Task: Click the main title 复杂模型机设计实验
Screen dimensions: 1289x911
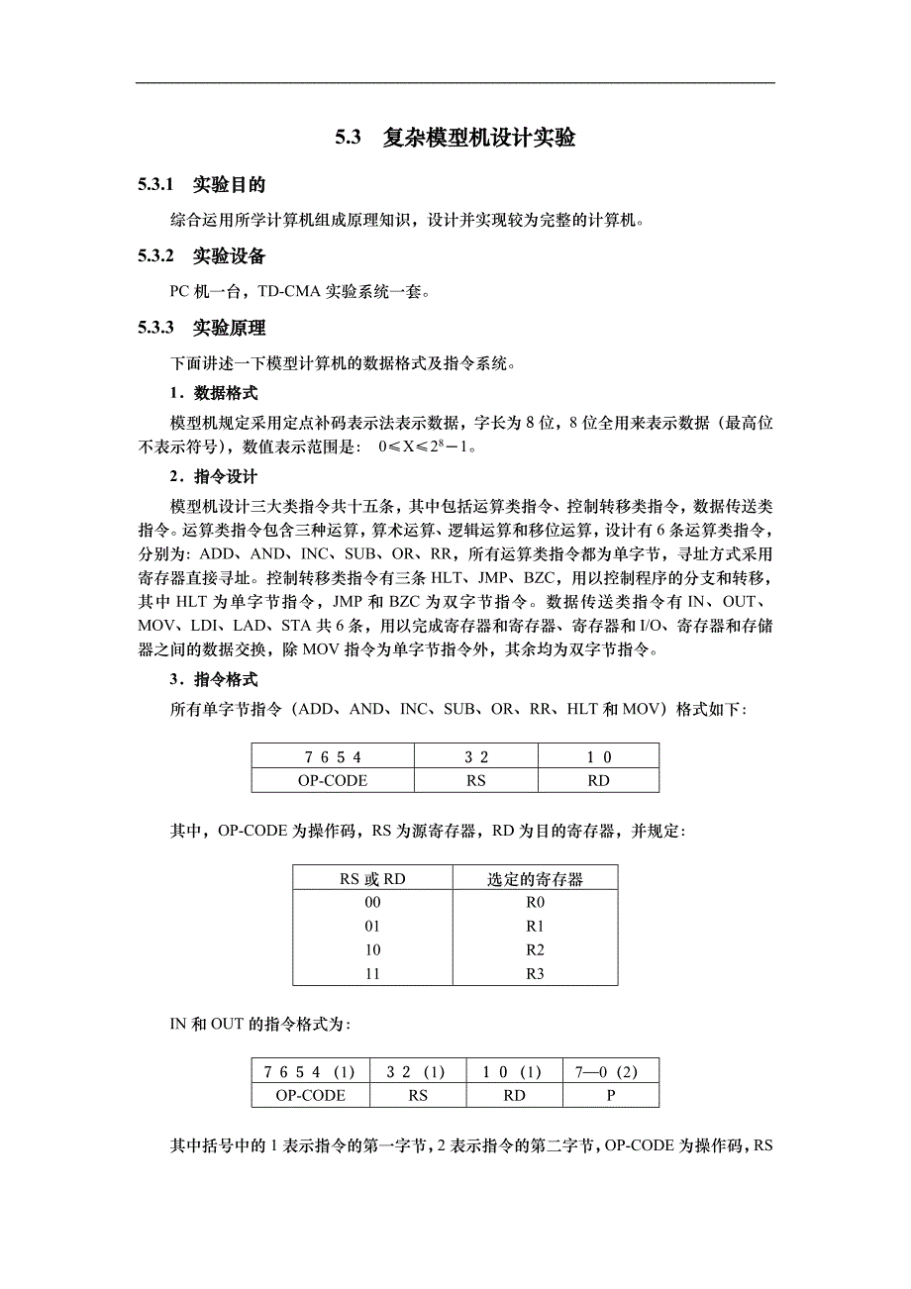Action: (479, 138)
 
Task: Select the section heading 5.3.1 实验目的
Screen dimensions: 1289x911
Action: (202, 184)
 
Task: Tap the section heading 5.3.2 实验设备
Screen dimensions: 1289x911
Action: (202, 256)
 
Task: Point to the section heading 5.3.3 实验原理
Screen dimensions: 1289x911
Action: (202, 328)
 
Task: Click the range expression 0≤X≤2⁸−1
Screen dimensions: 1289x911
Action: (428, 447)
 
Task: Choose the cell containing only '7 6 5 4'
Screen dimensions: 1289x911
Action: (333, 757)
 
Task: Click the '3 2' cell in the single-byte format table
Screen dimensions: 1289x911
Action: (476, 757)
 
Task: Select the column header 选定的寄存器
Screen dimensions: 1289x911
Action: (535, 878)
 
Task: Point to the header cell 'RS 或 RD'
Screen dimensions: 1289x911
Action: (372, 878)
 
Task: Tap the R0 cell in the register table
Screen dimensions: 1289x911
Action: (535, 902)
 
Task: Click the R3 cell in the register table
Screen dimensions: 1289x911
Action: (535, 973)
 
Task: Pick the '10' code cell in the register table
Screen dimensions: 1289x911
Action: (372, 949)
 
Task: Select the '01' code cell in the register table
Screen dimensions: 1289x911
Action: (372, 926)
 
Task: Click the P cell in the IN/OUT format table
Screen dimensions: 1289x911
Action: (611, 1095)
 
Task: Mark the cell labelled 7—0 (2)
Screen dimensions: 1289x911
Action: (611, 1071)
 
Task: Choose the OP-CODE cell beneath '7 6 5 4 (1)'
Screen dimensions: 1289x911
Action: (311, 1095)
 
